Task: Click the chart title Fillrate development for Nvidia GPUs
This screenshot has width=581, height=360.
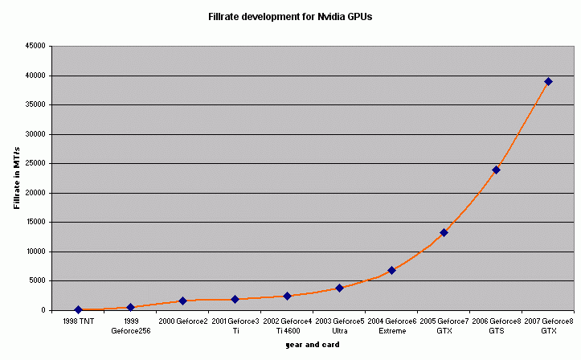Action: pyautogui.click(x=291, y=15)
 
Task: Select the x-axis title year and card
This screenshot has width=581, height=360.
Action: pyautogui.click(x=313, y=345)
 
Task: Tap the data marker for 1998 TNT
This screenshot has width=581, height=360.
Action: pyautogui.click(x=78, y=309)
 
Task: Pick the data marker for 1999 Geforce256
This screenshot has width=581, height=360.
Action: pyautogui.click(x=130, y=307)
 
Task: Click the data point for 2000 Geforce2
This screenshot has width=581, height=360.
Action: pyautogui.click(x=182, y=301)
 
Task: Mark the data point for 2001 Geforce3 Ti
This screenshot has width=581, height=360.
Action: pyautogui.click(x=235, y=299)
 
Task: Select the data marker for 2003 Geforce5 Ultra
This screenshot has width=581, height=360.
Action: pyautogui.click(x=339, y=288)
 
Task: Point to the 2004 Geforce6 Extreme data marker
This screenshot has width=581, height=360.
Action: pyautogui.click(x=391, y=270)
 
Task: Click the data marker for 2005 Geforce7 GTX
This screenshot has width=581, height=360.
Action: pyautogui.click(x=444, y=232)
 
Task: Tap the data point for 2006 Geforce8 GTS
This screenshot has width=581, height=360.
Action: pyautogui.click(x=496, y=170)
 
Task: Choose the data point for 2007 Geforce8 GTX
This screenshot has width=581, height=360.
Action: pyautogui.click(x=548, y=81)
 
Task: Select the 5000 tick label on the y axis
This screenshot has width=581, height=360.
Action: pyautogui.click(x=37, y=280)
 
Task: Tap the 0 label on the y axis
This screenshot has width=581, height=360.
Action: pyautogui.click(x=44, y=310)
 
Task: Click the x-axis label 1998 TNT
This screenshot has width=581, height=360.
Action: pyautogui.click(x=78, y=321)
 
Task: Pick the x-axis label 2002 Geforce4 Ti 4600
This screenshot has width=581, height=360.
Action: pyautogui.click(x=287, y=325)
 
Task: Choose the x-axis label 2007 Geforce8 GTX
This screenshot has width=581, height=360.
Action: pyautogui.click(x=548, y=325)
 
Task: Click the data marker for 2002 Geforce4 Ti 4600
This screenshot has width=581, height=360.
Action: pyautogui.click(x=287, y=296)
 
